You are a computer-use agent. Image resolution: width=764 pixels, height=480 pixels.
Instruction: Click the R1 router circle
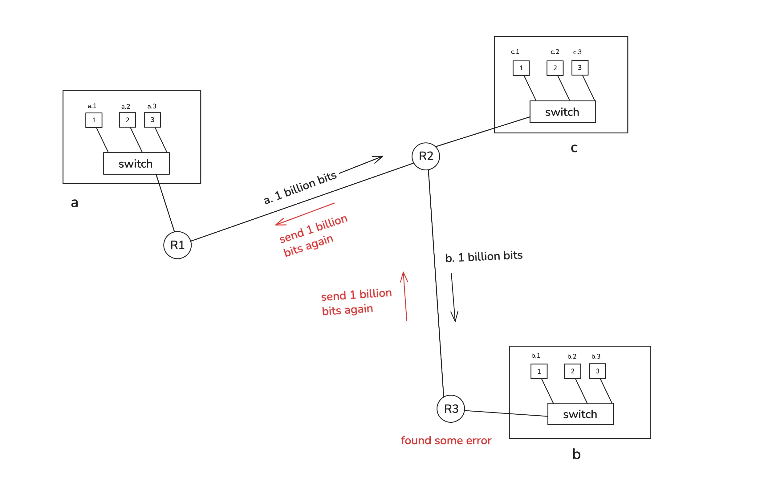click(177, 245)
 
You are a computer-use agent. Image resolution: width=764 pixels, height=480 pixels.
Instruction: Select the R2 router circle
click(426, 156)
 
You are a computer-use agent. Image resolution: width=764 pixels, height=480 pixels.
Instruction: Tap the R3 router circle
click(451, 409)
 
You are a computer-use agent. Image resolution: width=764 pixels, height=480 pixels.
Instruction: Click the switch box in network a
click(136, 164)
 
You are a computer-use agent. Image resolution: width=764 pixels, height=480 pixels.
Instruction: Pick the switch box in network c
click(563, 112)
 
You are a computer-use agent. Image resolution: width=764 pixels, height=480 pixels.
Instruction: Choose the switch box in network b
click(581, 414)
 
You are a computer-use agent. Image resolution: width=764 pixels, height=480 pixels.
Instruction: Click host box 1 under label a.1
click(94, 120)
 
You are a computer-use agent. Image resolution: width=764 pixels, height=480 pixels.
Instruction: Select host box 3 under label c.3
click(580, 68)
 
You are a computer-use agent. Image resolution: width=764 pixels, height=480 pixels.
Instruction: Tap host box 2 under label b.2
click(572, 371)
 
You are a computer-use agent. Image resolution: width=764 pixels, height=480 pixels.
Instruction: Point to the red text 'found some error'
click(446, 440)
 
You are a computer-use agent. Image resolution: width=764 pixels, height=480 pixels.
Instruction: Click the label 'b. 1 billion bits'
click(484, 256)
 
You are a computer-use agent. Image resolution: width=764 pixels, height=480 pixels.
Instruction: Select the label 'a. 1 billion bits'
click(300, 188)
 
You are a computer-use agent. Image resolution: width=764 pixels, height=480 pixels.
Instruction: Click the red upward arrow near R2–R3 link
click(405, 296)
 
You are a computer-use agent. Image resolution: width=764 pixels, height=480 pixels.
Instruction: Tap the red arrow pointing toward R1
click(305, 214)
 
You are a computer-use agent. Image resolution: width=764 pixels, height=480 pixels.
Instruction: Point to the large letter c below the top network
click(574, 148)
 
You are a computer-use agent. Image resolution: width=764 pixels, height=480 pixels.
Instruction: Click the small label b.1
click(535, 356)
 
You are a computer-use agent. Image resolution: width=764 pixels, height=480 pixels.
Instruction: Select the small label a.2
click(126, 107)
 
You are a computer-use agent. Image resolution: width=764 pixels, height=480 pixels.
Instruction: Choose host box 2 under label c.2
click(555, 68)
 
